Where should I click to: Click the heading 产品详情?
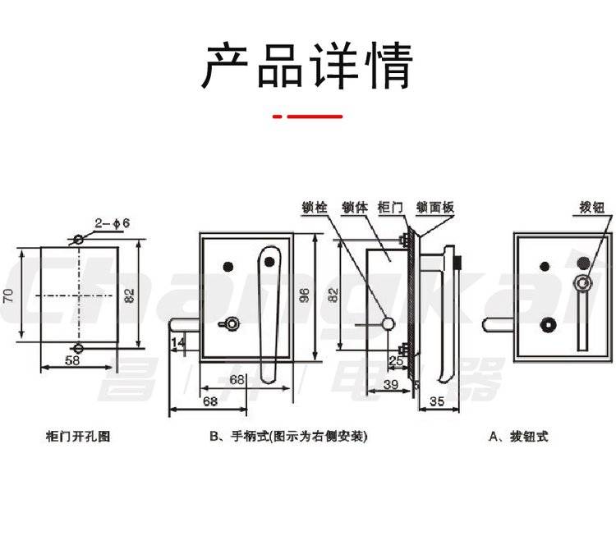tap(307, 65)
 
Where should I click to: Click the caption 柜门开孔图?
tap(77, 437)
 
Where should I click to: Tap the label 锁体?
tap(353, 208)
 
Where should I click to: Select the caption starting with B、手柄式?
tap(288, 437)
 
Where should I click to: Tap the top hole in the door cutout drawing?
tap(78, 240)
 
